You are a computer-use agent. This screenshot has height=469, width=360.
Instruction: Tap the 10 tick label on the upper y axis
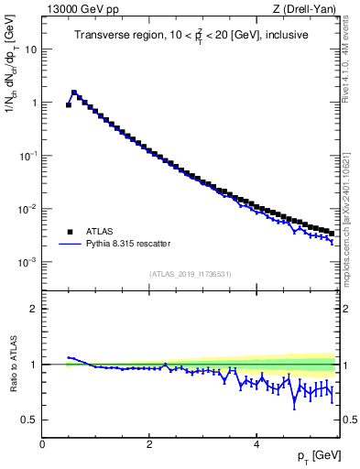pyautogui.click(x=30, y=49)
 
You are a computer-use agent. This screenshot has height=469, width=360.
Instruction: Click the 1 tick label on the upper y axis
pyautogui.click(x=33, y=103)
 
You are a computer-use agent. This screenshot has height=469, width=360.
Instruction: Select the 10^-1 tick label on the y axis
pyautogui.click(x=28, y=156)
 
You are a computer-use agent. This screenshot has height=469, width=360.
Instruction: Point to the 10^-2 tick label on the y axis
pyautogui.click(x=28, y=209)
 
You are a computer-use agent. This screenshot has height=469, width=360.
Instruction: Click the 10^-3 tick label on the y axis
pyautogui.click(x=28, y=262)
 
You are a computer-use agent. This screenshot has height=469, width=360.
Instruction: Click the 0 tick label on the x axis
pyautogui.click(x=42, y=443)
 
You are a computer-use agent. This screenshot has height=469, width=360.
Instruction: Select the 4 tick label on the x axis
pyautogui.click(x=256, y=443)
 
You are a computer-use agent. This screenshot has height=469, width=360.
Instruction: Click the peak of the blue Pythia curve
pyautogui.click(x=74, y=92)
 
